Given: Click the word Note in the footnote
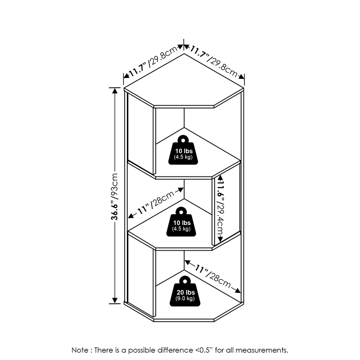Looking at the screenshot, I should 80,350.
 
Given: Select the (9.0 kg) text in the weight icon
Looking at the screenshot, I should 184,298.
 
